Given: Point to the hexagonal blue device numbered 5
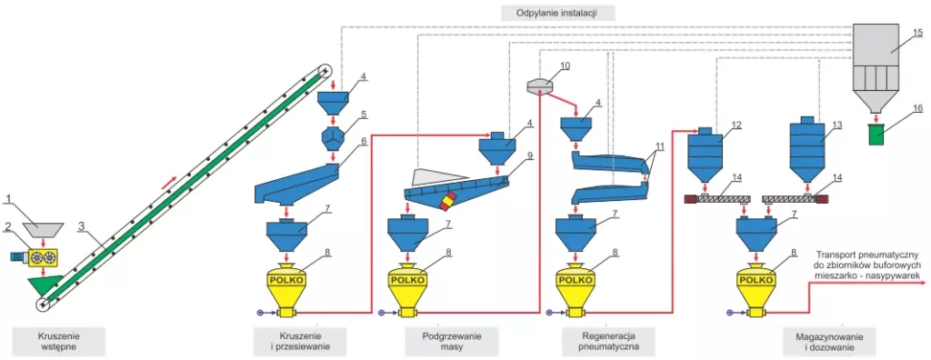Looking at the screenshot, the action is coord(333,137).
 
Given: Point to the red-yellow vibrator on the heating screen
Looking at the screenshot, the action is coord(448,201).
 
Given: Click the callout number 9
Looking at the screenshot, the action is coord(530,155).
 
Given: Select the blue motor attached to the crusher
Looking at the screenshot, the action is coord(19,256).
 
